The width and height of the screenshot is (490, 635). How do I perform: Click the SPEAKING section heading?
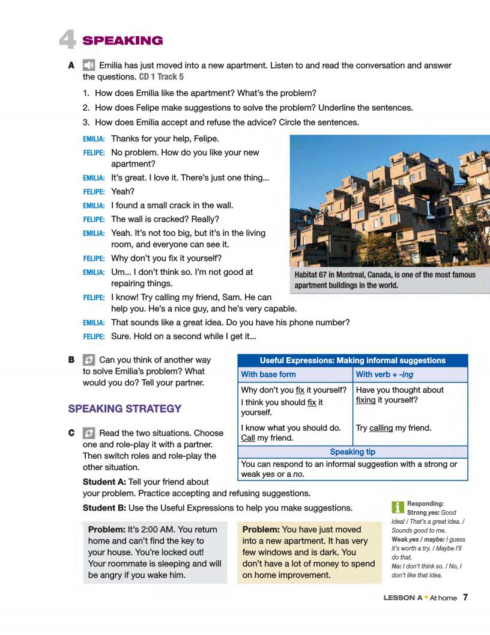click(122, 41)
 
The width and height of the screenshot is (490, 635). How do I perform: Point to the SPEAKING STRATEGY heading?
click(125, 409)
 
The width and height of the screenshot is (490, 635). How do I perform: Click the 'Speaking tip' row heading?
click(353, 451)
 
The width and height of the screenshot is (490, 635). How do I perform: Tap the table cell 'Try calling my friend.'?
click(394, 428)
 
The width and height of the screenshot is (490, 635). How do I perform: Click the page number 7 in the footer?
click(465, 598)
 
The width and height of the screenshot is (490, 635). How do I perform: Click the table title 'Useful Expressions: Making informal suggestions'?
click(352, 360)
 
